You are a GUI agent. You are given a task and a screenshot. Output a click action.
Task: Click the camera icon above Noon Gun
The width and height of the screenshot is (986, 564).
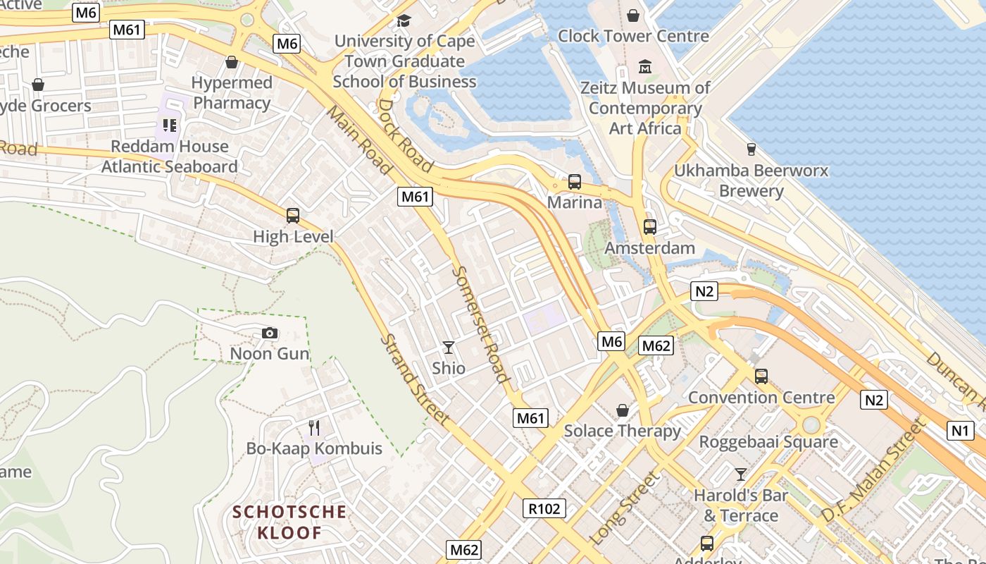pos(269,333)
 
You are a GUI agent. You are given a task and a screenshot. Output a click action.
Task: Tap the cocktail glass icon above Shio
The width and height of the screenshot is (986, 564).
pos(448,347)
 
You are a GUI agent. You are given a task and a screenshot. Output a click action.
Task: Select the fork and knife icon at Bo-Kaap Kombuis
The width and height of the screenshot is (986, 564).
pos(314,427)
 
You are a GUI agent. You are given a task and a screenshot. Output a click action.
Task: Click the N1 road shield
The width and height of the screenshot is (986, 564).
pos(960,431)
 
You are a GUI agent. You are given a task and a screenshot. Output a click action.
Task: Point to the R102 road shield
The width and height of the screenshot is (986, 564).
pos(544,508)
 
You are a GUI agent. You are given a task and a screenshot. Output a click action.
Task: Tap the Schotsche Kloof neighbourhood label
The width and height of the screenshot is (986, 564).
pos(289,522)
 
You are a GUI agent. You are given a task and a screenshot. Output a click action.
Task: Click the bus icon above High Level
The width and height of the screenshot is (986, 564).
pos(293,216)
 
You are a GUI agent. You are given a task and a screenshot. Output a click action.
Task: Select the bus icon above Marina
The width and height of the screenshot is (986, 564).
pos(575,182)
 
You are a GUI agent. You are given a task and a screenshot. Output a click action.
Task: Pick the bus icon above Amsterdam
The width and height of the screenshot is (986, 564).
pos(649,227)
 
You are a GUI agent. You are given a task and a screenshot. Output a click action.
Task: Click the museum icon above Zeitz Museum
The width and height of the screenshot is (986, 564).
pos(645,67)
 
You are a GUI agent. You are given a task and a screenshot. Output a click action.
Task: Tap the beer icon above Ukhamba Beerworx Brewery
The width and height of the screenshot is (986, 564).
pos(751,149)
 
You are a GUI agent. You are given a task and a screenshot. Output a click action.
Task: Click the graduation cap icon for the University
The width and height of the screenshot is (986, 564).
pos(404,20)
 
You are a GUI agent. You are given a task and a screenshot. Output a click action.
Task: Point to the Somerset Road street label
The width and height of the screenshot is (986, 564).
pos(480,324)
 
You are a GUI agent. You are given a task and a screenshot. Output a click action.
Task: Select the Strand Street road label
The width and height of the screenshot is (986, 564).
pos(414,379)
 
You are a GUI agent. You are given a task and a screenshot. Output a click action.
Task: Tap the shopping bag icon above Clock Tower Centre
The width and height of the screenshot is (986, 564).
pos(633,16)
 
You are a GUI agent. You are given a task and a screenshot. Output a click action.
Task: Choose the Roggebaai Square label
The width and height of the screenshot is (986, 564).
pos(768,442)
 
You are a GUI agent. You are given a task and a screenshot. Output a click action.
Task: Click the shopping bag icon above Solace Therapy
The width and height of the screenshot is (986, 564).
pos(623,410)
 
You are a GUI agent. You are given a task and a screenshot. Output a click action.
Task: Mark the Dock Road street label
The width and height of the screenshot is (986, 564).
pos(406,136)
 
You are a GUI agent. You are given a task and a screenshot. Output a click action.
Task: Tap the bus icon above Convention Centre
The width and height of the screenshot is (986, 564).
pos(761,376)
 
